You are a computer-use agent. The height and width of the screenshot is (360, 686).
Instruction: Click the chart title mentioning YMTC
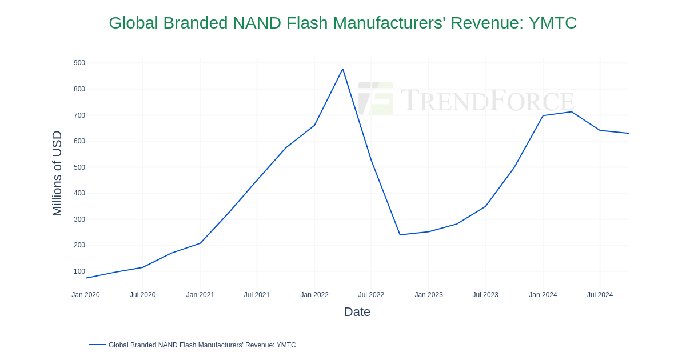point(342,23)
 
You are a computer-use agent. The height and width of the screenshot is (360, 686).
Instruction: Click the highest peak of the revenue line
point(342,69)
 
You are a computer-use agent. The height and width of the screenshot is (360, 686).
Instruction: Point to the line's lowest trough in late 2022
point(400,235)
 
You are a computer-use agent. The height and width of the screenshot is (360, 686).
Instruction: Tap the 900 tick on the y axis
point(79,63)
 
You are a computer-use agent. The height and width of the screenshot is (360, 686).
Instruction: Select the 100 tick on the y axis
point(79,271)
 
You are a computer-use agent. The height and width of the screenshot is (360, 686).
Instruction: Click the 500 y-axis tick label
point(79,167)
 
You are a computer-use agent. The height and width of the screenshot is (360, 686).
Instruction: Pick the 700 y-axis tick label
point(79,115)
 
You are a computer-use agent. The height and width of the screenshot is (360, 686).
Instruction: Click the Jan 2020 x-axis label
point(86,295)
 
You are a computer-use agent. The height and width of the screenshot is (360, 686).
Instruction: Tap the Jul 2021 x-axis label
point(257,295)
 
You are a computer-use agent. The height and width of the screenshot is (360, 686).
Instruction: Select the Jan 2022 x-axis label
point(314,295)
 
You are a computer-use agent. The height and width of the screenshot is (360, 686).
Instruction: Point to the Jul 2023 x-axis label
point(485,295)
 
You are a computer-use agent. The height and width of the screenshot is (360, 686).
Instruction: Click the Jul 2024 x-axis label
point(600,295)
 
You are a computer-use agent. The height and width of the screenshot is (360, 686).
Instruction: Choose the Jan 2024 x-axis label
point(543,295)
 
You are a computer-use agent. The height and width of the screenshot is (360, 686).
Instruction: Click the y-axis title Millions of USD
point(57,173)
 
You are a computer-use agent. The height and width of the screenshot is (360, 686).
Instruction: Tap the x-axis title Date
point(357,312)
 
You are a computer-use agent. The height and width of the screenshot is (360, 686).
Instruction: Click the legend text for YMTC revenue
point(202,345)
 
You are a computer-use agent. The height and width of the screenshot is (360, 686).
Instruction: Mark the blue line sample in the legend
point(97,345)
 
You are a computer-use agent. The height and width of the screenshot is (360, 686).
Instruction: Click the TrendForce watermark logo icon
point(376,98)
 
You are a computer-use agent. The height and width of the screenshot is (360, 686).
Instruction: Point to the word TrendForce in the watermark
point(487,100)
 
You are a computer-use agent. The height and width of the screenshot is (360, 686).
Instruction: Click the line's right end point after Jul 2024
point(628,133)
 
